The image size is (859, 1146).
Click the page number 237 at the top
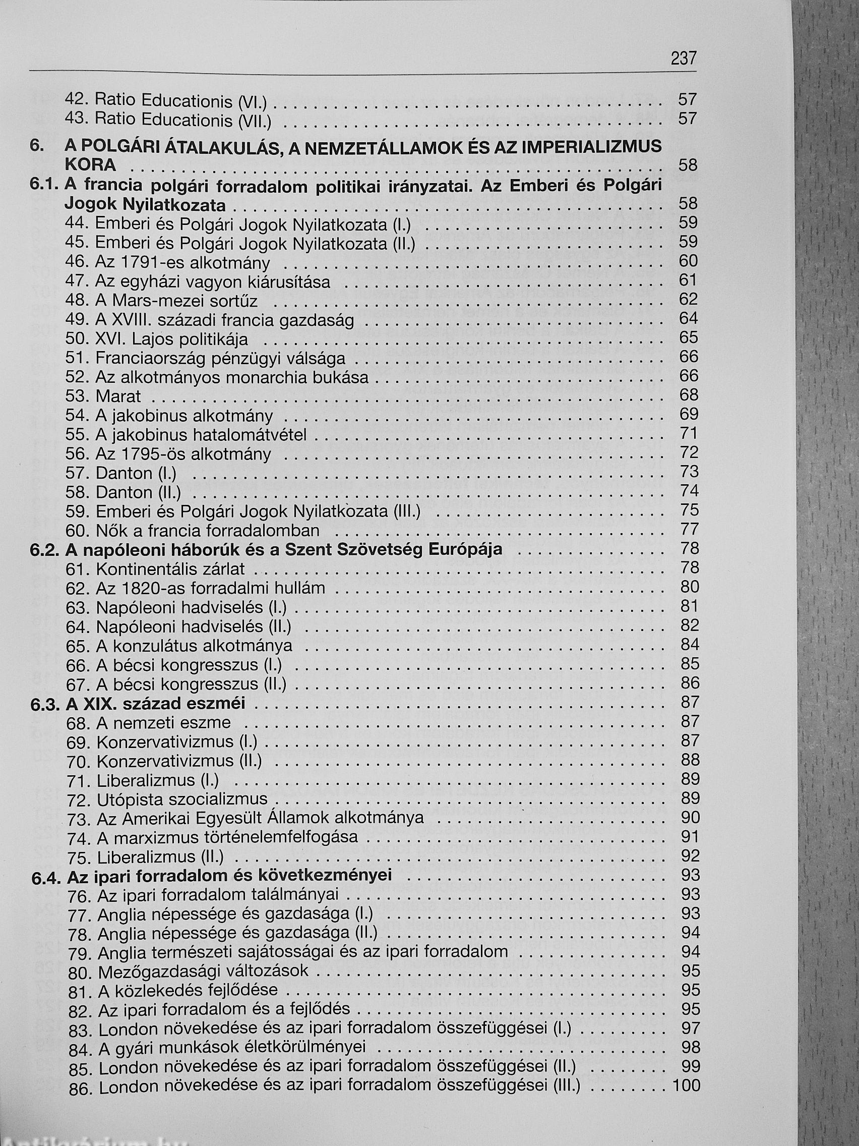point(683,59)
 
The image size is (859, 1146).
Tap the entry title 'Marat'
point(118,397)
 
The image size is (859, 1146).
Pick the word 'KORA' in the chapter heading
point(90,165)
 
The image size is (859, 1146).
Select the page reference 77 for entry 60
point(690,529)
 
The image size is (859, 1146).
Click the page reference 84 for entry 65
point(690,645)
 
